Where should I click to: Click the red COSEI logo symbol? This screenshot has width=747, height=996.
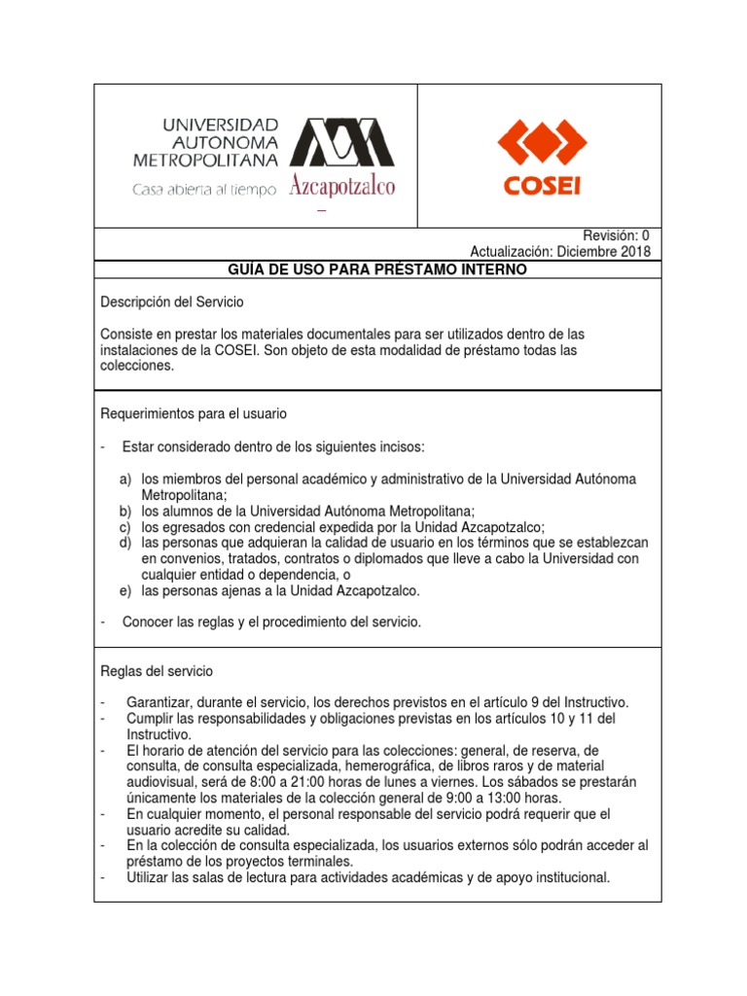click(541, 144)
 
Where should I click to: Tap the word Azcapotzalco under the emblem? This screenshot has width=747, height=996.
click(342, 187)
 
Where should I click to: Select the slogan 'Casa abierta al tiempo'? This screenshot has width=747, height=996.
click(205, 190)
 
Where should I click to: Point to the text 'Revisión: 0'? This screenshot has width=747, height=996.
click(616, 235)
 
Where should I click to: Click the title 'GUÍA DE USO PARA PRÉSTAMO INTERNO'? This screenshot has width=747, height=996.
click(377, 268)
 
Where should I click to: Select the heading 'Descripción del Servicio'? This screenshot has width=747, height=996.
click(172, 302)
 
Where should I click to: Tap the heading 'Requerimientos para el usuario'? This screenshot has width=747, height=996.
click(194, 413)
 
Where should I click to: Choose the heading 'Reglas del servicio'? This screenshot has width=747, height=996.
click(157, 671)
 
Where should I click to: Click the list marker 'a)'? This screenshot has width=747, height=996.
click(125, 480)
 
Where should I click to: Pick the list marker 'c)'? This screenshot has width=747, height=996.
click(125, 526)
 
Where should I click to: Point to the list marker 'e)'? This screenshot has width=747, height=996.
click(125, 589)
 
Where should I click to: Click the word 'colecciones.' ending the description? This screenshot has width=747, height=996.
click(137, 367)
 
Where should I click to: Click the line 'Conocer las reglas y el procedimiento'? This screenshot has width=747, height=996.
click(271, 622)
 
